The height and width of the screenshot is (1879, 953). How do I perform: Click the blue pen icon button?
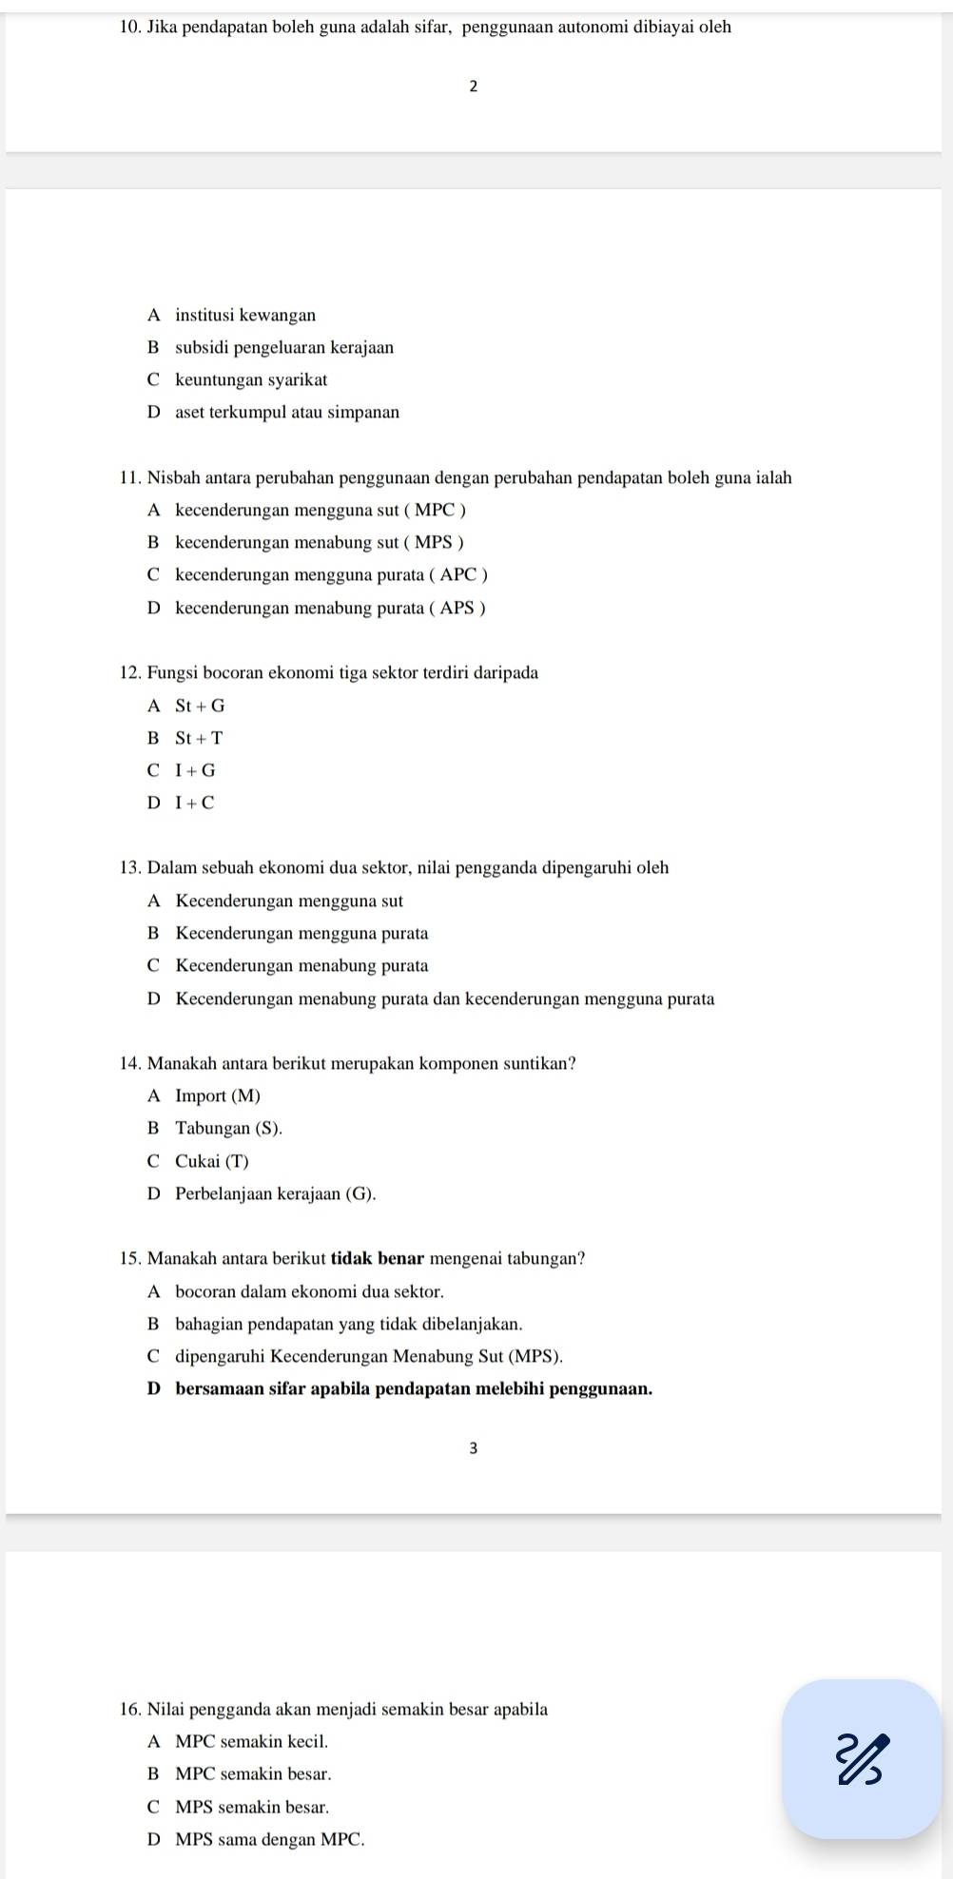point(861,1759)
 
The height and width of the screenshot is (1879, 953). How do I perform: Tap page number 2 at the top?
point(474,87)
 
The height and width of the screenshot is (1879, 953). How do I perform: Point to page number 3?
point(474,1448)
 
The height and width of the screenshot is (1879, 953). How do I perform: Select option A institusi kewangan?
point(245,315)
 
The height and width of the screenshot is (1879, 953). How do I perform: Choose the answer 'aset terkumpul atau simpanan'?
point(287,413)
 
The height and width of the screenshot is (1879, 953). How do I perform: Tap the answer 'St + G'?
point(200,706)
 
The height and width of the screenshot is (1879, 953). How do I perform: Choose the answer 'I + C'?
point(195,803)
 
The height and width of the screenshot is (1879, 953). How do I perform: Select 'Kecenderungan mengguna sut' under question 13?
point(289,901)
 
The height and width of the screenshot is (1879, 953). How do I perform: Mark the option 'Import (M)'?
point(218,1095)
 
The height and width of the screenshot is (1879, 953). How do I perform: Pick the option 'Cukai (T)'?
point(212,1161)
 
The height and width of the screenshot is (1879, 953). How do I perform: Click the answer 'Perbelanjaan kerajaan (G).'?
point(276,1193)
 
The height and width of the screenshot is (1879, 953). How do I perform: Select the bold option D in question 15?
point(414,1388)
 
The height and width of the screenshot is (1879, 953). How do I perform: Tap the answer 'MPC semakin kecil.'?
point(252,1742)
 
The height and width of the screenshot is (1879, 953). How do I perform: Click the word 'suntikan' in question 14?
point(538,1063)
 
